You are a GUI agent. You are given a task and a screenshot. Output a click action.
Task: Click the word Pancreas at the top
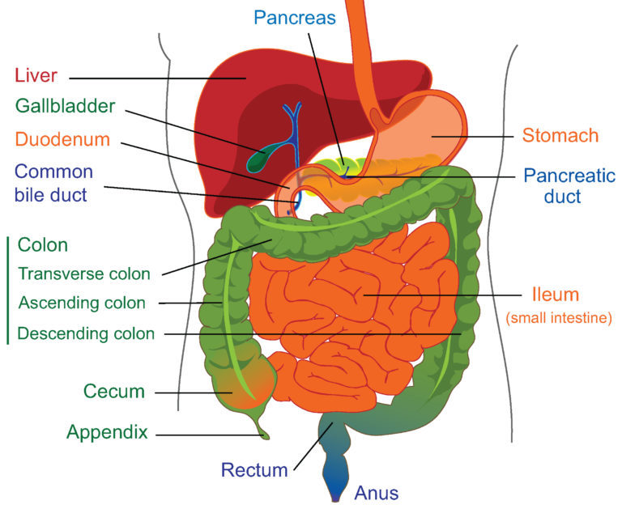(295, 18)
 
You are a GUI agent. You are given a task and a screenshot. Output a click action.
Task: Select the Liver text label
(36, 75)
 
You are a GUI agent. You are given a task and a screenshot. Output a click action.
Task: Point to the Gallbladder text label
(66, 106)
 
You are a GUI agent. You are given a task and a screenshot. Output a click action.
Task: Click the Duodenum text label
(62, 139)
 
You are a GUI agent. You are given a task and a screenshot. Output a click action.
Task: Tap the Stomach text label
(560, 136)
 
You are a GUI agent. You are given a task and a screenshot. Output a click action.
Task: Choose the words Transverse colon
(84, 274)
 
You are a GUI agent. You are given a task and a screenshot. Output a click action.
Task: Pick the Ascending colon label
(82, 303)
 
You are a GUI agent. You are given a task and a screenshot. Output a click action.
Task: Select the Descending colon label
(86, 333)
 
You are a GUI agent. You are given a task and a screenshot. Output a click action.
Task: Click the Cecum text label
(114, 392)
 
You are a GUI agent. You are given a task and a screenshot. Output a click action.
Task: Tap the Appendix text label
(107, 432)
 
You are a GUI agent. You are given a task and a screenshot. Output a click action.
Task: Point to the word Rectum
(254, 470)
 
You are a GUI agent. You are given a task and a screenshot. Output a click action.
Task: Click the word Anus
(377, 493)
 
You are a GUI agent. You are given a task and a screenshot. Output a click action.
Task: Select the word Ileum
(556, 295)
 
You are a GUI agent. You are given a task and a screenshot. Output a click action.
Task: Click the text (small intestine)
(559, 318)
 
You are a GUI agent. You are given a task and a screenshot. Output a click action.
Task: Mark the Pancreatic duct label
(569, 186)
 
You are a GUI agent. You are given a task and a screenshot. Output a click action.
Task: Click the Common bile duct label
(53, 183)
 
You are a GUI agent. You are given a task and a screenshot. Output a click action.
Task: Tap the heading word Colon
(43, 245)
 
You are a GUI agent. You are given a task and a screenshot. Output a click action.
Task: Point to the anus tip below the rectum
(335, 498)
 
